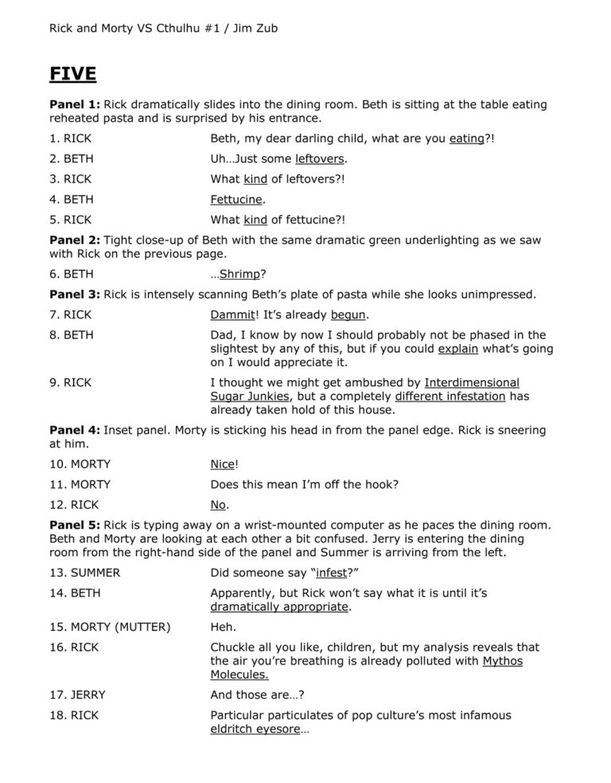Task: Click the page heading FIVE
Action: (73, 74)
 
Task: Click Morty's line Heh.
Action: (221, 627)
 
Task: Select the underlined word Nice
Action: (224, 464)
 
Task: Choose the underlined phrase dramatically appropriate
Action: (279, 606)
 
